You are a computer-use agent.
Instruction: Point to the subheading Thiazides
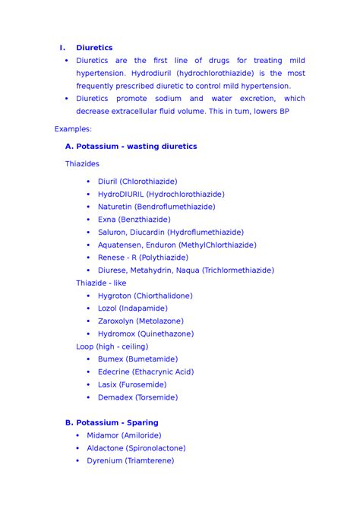click(82, 163)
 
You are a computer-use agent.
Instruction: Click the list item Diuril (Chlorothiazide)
click(137, 182)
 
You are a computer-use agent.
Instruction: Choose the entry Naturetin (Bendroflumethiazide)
click(156, 207)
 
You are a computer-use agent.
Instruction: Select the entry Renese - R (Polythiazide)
click(143, 258)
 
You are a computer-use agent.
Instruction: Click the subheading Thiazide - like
click(101, 283)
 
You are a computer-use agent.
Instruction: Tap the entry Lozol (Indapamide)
click(132, 308)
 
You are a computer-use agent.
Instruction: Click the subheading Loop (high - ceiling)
click(112, 346)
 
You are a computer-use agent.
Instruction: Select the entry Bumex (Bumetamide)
click(137, 359)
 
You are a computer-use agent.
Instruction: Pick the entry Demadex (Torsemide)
click(137, 397)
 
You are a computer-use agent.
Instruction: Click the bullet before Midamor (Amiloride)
click(78, 435)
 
